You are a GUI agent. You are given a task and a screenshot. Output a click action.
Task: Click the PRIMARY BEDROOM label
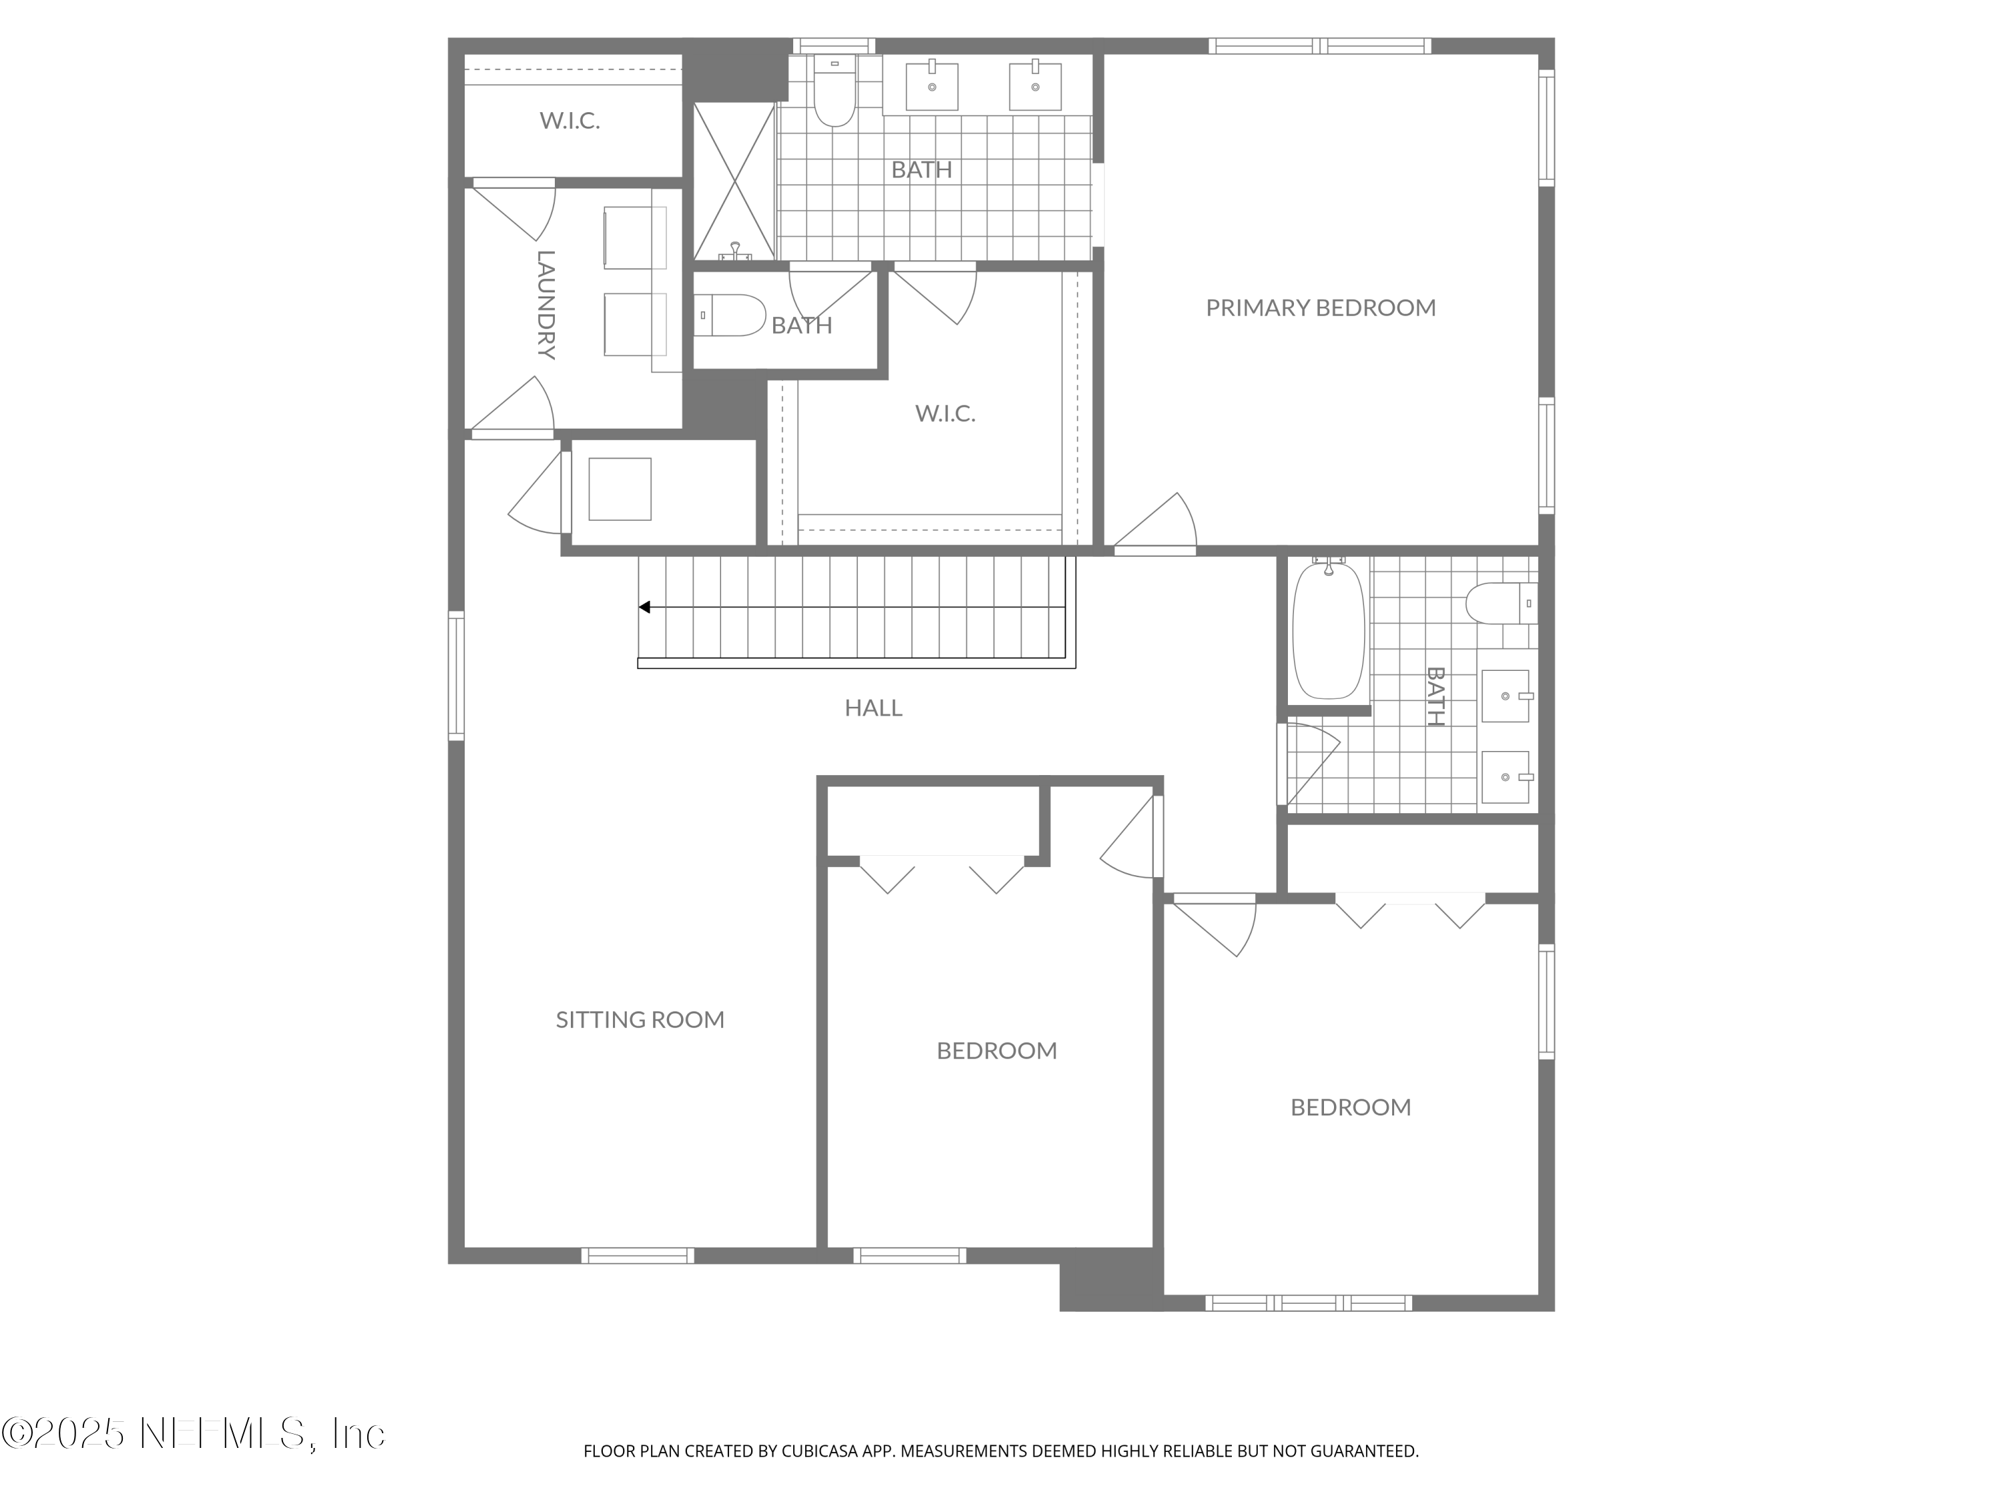pos(1320,308)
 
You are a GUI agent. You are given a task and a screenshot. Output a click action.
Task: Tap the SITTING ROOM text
pos(640,1019)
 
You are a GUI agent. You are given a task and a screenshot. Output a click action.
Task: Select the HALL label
pos(873,708)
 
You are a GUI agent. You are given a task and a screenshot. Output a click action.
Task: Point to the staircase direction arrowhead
pos(645,607)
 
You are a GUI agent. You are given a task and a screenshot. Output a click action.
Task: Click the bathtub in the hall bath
pos(1327,630)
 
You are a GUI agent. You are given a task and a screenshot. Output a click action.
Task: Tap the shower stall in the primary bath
pos(734,181)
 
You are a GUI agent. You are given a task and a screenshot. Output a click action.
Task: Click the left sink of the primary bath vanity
pos(932,87)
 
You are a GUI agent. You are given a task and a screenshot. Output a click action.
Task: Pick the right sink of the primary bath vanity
pos(1035,87)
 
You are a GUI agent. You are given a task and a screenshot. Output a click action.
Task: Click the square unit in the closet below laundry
pos(620,489)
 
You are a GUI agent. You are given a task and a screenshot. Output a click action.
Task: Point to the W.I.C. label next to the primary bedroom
pos(945,414)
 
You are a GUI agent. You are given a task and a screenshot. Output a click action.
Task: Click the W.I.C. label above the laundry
pos(570,120)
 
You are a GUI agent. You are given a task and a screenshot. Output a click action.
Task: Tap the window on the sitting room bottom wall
pos(638,1256)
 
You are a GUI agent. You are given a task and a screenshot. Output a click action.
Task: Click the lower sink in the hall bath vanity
pos(1506,777)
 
